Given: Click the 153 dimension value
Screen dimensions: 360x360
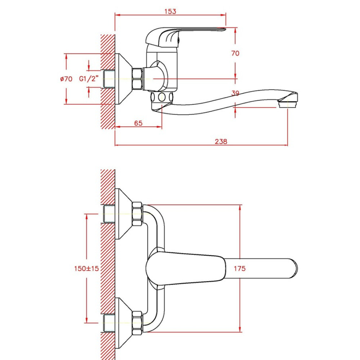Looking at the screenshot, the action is (170, 11).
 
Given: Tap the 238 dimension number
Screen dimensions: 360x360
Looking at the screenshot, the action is (221, 141).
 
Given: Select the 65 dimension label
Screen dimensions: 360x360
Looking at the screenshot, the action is (138, 123).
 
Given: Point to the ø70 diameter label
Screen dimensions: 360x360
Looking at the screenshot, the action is (66, 79).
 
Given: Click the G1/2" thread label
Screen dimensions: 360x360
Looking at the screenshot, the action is (89, 78).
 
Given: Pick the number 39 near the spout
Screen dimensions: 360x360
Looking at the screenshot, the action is (235, 93).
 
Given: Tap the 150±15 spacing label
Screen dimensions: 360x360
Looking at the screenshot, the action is (86, 269).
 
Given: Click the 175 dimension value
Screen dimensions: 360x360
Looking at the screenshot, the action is (239, 269).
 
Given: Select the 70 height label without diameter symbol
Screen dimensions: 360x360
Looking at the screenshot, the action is (235, 53).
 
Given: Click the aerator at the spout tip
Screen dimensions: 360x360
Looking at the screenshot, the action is (288, 104).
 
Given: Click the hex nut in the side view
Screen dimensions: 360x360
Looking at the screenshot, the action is (138, 78).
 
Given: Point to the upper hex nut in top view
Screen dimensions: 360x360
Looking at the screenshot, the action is (137, 214).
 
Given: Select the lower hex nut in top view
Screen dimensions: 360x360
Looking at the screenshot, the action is (137, 323).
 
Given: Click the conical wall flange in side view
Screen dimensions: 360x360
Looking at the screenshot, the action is (123, 79).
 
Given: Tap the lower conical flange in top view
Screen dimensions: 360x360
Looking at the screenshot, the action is (123, 323).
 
